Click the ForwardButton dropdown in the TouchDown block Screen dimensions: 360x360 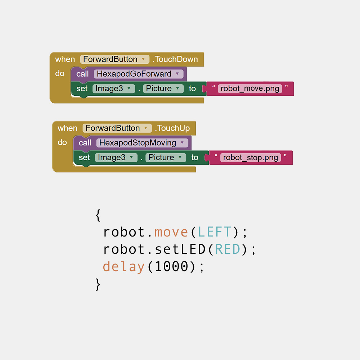114,59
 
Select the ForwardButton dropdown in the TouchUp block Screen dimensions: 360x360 117,128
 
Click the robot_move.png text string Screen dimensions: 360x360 250,89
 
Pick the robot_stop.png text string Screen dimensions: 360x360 251,158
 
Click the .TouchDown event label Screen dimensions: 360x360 175,59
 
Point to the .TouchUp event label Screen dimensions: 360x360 172,128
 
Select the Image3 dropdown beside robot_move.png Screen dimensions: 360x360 114,89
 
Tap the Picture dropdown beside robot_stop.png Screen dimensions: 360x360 166,158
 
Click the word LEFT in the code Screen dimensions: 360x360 215,232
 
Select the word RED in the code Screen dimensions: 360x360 228,249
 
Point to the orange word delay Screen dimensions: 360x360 123,267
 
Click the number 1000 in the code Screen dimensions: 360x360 171,266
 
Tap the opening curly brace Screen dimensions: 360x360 98,215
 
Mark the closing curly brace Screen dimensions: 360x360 98,284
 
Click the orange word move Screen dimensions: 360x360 171,232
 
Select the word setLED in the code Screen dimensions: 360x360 180,249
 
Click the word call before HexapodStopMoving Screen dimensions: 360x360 85,143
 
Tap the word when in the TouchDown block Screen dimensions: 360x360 65,59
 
